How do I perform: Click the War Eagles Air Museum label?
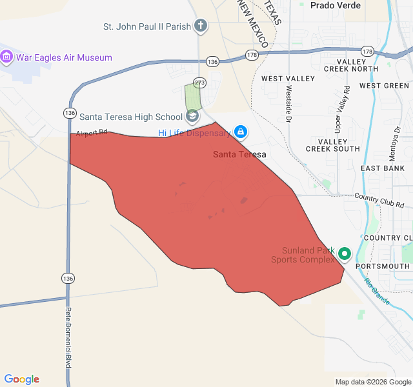pos(64,57)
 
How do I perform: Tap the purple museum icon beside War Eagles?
pos(7,57)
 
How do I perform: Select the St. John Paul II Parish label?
pos(147,26)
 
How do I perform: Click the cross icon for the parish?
pos(201,26)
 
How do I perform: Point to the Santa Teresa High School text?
pos(131,117)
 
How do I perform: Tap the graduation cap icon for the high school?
pos(192,117)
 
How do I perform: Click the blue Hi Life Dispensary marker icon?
pos(241,132)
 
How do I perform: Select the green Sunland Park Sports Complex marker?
pos(344,255)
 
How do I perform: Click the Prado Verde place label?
pos(336,5)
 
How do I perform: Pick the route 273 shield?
pos(199,83)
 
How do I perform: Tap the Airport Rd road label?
pos(91,134)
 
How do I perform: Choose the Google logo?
pos(22,379)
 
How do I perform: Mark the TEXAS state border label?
pos(273,13)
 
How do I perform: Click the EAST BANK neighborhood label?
pos(382,168)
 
